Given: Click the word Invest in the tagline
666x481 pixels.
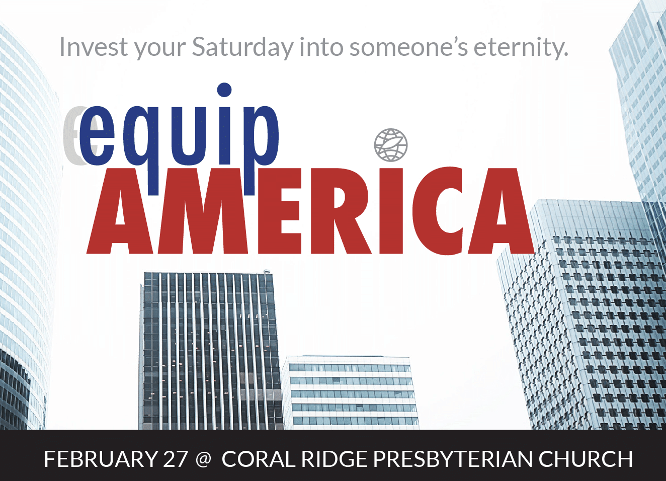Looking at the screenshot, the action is click(94, 47).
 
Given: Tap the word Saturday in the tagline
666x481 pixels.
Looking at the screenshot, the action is click(242, 48).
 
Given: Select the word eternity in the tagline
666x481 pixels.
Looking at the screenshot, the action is click(521, 48).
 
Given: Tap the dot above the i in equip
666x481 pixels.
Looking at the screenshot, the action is click(224, 90).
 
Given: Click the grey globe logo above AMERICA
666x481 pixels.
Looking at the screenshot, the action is click(391, 145).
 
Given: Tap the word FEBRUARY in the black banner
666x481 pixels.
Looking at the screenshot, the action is click(101, 459).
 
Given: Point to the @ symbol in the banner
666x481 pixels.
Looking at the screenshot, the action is click(204, 459).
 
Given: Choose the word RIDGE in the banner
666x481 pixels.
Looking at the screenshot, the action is click(334, 459).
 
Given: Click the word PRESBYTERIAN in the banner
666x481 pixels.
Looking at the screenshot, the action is click(453, 459).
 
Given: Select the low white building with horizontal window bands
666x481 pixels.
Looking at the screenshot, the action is click(350, 392).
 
